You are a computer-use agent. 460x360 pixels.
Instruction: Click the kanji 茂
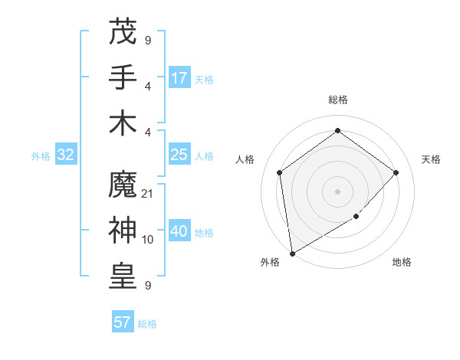point(123,31)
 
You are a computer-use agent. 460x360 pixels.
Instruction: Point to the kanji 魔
point(123,185)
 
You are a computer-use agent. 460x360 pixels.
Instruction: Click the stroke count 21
point(148,194)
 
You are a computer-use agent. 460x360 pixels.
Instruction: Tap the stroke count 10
point(148,240)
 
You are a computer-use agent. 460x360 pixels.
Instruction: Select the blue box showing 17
point(179,78)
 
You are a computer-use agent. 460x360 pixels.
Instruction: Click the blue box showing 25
point(179,155)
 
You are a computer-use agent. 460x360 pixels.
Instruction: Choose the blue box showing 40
point(179,231)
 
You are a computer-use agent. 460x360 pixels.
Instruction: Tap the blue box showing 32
point(66,155)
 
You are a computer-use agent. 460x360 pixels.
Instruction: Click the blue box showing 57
point(123,322)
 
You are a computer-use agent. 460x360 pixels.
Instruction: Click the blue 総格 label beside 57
point(147,324)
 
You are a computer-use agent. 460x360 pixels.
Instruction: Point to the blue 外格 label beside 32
point(41,156)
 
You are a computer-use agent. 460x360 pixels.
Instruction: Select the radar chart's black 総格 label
point(337,100)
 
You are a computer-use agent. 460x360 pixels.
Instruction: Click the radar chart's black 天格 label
point(431,159)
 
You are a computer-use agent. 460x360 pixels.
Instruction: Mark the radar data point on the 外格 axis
point(292,253)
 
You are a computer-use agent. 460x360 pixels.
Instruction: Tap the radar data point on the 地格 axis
point(356,217)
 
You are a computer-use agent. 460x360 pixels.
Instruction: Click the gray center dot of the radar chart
point(337,191)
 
